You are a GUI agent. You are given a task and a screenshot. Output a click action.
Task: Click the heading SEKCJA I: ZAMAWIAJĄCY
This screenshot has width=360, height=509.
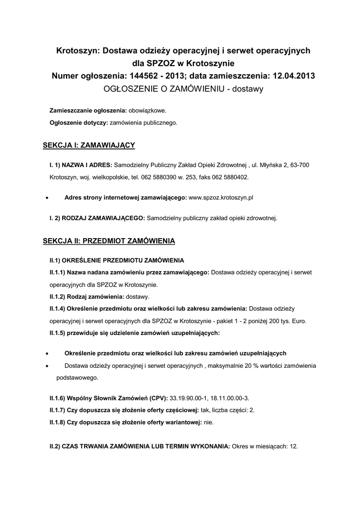coord(89,145)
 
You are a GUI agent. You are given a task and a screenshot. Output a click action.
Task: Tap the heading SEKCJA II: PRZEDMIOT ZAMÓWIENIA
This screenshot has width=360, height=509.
coord(109,241)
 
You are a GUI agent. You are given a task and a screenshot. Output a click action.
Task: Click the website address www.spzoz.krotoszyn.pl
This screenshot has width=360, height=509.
coord(221,197)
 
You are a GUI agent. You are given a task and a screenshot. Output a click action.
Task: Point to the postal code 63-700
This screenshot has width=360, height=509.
coord(303,165)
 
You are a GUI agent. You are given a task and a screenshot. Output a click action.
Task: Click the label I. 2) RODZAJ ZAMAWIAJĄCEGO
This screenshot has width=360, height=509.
coord(97,218)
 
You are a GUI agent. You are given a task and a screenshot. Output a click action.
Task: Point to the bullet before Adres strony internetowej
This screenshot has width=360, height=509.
coord(46,197)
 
